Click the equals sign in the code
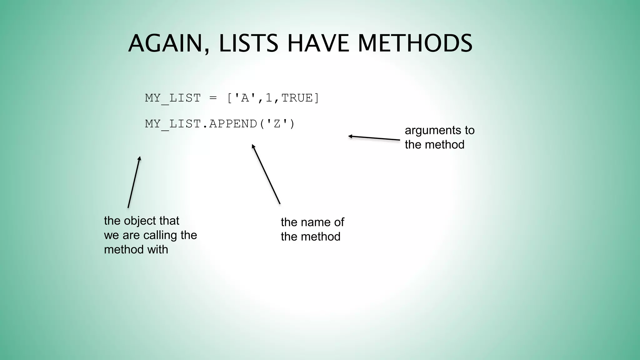213,98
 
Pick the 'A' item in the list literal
241,98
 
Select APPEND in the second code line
233,124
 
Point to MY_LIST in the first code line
173,98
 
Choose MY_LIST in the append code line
173,124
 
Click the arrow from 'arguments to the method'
374,138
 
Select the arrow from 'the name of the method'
266,174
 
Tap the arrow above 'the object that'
134,182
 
